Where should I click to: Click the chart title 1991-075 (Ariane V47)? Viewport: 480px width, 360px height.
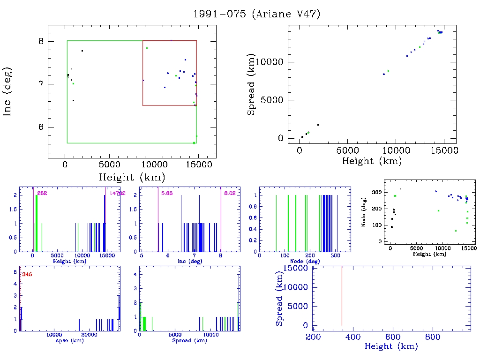pyautogui.click(x=257, y=14)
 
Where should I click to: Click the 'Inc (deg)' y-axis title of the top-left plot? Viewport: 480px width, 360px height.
pyautogui.click(x=8, y=91)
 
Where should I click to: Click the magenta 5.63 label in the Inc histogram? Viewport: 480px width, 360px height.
pyautogui.click(x=166, y=193)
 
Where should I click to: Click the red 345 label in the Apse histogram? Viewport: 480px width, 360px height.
pyautogui.click(x=27, y=274)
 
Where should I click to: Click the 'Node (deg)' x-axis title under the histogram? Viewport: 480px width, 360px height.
pyautogui.click(x=305, y=261)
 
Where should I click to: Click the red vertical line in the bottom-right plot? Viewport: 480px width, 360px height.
pyautogui.click(x=342, y=295)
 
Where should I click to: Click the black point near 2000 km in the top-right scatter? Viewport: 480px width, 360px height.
pyautogui.click(x=318, y=125)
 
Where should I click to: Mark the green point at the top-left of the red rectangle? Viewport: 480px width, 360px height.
pyautogui.click(x=147, y=48)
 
